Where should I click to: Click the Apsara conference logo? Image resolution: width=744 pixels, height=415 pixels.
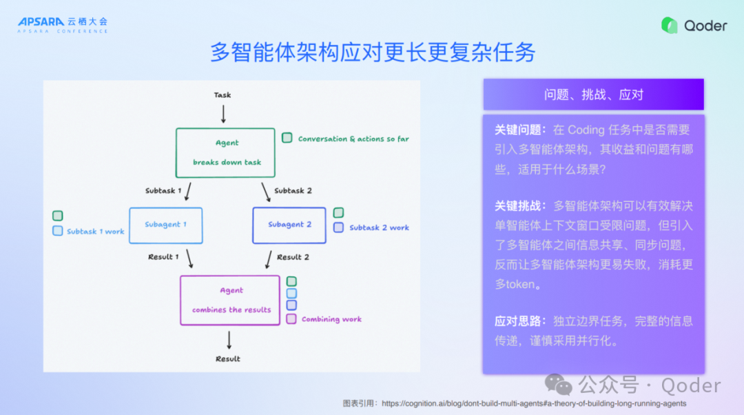(x=63, y=25)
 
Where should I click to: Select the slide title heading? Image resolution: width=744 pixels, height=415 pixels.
(x=372, y=53)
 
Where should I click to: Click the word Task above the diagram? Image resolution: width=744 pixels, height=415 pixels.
(x=223, y=95)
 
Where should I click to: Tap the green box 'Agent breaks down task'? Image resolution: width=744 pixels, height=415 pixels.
(x=226, y=152)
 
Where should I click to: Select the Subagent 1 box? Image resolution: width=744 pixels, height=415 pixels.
(x=165, y=225)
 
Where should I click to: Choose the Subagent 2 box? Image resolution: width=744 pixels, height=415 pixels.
(x=289, y=225)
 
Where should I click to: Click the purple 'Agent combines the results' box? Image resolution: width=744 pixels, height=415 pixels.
(x=230, y=300)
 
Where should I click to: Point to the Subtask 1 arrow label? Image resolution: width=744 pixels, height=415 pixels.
(x=163, y=191)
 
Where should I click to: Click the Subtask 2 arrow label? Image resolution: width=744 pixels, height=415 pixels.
(x=293, y=191)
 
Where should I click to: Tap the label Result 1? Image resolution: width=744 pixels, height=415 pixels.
(x=163, y=257)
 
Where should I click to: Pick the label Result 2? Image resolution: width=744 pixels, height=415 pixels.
(x=293, y=257)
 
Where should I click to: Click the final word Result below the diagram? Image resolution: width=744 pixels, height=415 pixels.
(x=228, y=359)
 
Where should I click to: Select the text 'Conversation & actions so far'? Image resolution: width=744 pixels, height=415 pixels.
(x=353, y=139)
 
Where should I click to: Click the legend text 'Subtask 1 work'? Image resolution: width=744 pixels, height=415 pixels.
(x=95, y=232)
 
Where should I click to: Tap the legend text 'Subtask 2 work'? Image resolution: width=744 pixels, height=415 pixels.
(x=379, y=227)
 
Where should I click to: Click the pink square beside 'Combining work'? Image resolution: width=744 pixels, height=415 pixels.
(x=291, y=319)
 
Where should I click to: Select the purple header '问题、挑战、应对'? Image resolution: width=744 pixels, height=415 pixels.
(x=593, y=94)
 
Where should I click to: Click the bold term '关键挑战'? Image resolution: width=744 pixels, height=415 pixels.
(x=519, y=206)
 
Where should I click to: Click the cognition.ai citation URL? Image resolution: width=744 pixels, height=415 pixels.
(x=534, y=404)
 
